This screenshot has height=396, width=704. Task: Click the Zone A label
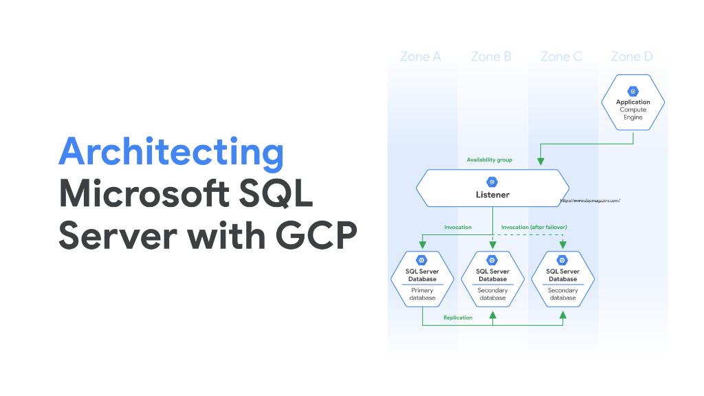pos(420,56)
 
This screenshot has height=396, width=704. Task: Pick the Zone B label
pos(491,56)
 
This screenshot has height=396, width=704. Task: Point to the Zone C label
pos(561,56)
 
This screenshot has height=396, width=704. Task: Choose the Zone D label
pos(631,56)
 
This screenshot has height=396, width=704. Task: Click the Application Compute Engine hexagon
pos(632,103)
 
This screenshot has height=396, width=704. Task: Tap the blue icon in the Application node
pos(632,91)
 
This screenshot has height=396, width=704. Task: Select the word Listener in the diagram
pos(492,195)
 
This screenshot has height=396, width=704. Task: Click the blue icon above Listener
pos(492,182)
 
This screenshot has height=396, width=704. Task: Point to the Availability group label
pos(489,159)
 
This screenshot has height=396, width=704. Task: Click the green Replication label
pos(458,318)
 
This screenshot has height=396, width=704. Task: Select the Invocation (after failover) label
pos(533,227)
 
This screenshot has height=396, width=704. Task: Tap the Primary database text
pos(422,294)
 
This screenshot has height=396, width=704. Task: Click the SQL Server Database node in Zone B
pos(492,279)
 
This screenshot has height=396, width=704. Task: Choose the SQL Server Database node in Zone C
pos(562,279)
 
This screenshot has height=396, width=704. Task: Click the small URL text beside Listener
pos(589,201)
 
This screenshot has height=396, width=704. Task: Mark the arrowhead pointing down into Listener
pos(540,162)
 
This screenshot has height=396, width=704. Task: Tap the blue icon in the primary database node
pos(422,260)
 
